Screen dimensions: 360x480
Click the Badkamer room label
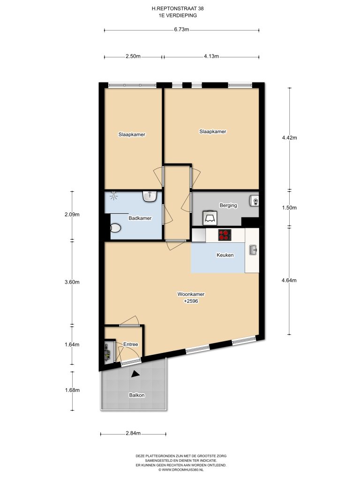tap(140, 218)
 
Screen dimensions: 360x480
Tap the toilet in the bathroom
tap(115, 228)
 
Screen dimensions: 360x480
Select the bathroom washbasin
tap(150, 196)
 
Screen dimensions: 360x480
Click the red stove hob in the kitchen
tap(225, 235)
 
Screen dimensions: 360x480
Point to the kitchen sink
tap(253, 250)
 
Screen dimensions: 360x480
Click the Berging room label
tap(228, 205)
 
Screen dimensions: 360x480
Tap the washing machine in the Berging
tap(210, 218)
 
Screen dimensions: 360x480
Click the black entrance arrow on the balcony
tap(135, 374)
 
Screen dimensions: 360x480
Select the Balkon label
tap(137, 395)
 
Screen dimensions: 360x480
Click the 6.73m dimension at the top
tap(181, 30)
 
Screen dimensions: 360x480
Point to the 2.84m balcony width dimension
tap(133, 434)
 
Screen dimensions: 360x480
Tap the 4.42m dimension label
tap(289, 138)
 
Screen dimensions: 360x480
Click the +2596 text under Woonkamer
tap(191, 301)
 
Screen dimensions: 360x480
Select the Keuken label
tap(225, 255)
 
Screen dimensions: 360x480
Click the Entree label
tap(131, 345)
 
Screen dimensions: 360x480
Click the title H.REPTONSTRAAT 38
tap(178, 9)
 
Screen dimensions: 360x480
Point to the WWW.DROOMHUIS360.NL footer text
tap(181, 469)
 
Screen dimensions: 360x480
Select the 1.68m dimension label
tap(72, 390)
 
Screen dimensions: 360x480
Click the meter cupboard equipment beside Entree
tap(107, 352)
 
